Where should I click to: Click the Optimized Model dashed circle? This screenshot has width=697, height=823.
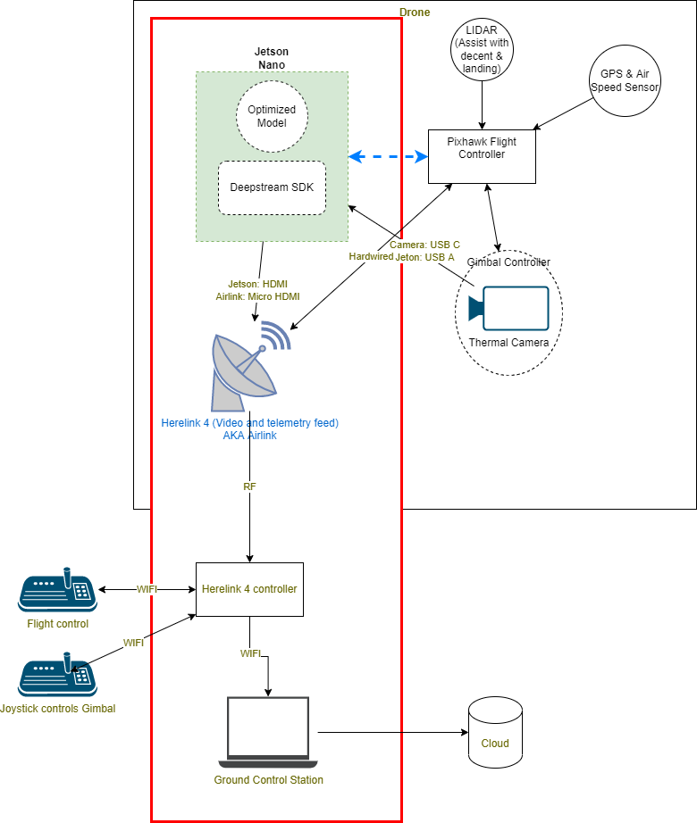coord(272,116)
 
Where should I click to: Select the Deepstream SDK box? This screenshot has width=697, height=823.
coord(272,187)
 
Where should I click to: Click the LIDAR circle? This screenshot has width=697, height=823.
coord(483,50)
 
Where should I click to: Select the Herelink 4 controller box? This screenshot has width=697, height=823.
coord(249,589)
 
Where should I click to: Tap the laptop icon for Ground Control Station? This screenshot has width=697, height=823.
coord(268,732)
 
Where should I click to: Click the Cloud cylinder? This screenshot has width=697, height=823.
coord(495,733)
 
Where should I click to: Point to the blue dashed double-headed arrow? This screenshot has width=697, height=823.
coord(388,157)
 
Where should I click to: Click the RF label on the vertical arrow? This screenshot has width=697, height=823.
coord(249,487)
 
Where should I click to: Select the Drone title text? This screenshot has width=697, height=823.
coord(415,12)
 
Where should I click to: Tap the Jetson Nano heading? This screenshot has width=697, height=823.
coord(272,58)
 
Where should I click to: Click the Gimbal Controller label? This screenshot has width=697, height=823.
coord(508,262)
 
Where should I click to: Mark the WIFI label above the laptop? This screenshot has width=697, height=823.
coord(251,653)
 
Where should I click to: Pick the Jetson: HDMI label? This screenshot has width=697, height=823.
coord(257,284)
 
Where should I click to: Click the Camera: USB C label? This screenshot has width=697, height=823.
coord(424,244)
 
